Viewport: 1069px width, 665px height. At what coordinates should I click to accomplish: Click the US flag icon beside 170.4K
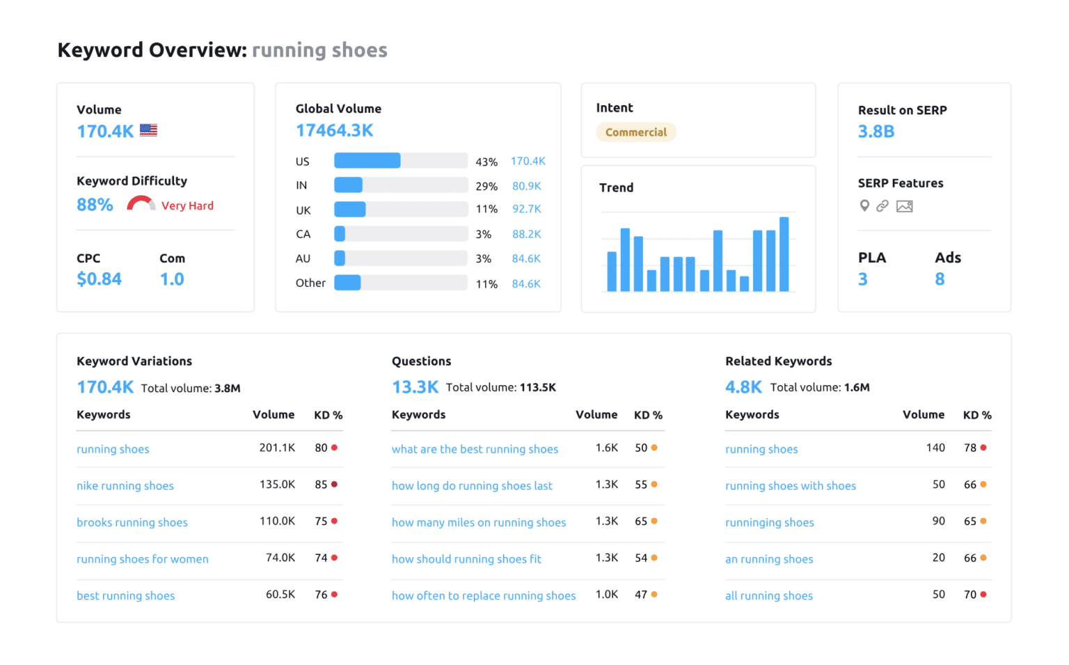(148, 130)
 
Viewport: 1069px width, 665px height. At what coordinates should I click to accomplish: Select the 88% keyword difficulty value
(95, 205)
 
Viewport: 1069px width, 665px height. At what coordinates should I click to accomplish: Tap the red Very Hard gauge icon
(141, 203)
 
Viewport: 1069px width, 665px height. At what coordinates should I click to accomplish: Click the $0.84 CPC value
(99, 279)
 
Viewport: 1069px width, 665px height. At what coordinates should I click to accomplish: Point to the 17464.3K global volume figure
(334, 131)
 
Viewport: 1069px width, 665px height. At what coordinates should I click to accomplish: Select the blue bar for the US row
(367, 161)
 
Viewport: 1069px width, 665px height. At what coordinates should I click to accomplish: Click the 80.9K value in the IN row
(526, 186)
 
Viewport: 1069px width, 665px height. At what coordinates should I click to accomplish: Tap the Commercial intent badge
(635, 132)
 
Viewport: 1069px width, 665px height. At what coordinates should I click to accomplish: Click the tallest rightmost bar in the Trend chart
(784, 254)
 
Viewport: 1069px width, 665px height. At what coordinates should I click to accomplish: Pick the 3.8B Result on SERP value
(876, 132)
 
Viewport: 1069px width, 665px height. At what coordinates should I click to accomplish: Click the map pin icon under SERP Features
(864, 205)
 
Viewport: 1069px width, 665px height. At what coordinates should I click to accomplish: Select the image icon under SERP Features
(904, 206)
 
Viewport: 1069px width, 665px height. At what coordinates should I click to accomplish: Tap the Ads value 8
(940, 279)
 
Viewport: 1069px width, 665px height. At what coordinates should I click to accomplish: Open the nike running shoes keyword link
(125, 486)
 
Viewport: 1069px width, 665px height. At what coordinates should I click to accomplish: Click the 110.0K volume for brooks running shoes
(277, 521)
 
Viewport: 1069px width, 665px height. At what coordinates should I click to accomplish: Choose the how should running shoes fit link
(466, 559)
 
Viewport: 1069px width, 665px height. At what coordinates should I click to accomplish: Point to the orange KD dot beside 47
(654, 595)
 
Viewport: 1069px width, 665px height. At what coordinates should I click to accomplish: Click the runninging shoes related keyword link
(769, 523)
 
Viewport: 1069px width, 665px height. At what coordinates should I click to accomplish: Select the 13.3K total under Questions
(415, 387)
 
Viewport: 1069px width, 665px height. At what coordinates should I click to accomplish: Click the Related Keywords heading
(778, 361)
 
